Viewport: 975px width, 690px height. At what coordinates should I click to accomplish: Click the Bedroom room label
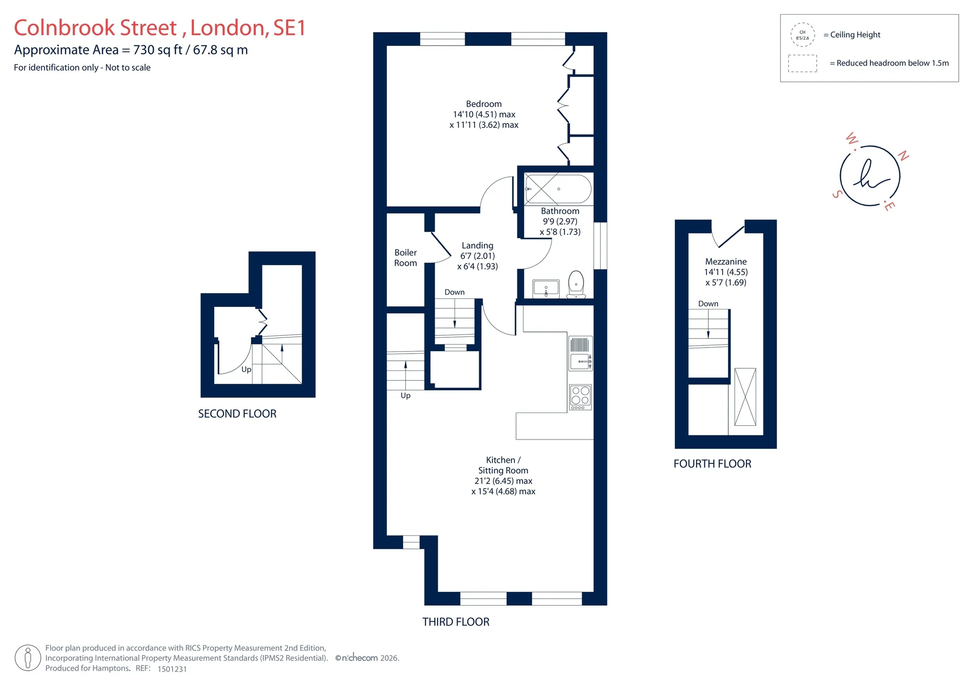click(484, 104)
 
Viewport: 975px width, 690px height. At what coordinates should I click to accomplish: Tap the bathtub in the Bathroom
click(558, 189)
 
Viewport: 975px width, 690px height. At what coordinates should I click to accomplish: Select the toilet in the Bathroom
click(576, 284)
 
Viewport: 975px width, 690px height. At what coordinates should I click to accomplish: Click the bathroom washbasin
click(546, 289)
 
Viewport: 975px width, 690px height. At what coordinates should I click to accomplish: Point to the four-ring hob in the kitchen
click(580, 397)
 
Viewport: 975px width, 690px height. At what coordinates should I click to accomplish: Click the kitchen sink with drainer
click(580, 353)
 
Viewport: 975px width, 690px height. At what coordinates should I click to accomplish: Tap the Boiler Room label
click(405, 258)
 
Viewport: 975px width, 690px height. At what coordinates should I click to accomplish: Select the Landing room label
click(477, 245)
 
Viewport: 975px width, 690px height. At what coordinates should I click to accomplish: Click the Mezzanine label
click(726, 262)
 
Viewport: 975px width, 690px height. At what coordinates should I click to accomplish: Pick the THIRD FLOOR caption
click(456, 622)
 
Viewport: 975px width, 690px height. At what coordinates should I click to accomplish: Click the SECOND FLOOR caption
click(237, 414)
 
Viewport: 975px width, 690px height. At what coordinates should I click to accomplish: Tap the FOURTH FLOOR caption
click(712, 463)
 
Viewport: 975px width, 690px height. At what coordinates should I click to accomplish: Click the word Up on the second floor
click(246, 369)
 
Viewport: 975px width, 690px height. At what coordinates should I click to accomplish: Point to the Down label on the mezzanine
click(708, 304)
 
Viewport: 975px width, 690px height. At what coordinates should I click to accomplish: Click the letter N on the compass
click(903, 155)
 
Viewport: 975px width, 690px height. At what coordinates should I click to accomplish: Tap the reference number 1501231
click(172, 669)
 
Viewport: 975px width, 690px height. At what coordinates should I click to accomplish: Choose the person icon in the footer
click(28, 658)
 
